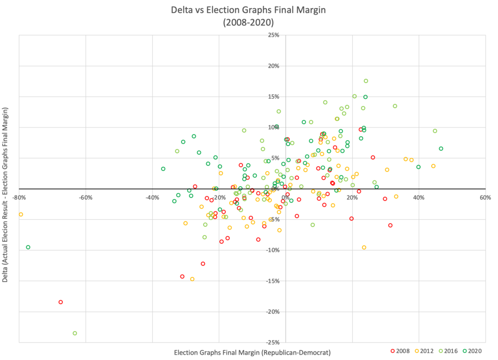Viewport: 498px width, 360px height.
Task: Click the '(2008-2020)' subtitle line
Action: (249, 22)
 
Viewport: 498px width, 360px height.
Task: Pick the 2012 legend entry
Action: (424, 350)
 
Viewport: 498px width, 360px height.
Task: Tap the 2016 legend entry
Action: (448, 350)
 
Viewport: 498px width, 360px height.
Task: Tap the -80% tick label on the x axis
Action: (19, 198)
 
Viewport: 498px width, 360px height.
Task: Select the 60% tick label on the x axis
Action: (485, 198)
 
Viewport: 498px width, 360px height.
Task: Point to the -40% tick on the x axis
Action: (152, 198)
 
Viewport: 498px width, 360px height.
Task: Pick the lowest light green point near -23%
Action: (75, 333)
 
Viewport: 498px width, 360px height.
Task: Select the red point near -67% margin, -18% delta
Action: (61, 302)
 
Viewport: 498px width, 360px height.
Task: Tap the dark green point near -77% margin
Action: (28, 247)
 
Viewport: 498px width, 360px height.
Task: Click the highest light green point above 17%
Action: (366, 81)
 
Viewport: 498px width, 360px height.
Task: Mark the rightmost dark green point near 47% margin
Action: (441, 148)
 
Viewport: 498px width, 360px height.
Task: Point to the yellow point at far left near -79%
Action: (21, 214)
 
